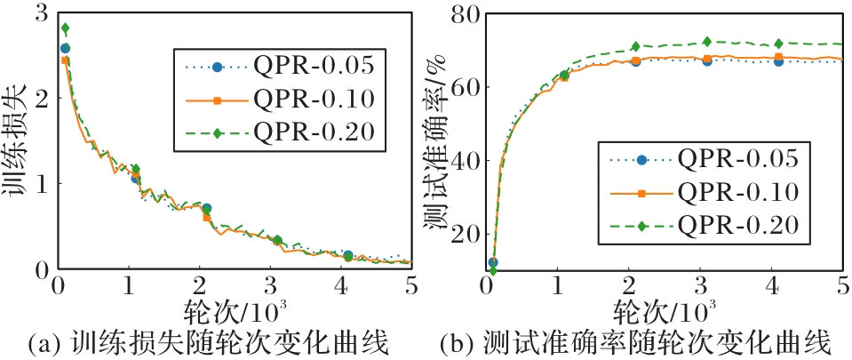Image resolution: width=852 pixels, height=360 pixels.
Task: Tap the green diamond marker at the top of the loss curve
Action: pyautogui.click(x=65, y=28)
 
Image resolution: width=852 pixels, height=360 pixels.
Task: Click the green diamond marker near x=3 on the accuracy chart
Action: pyautogui.click(x=707, y=42)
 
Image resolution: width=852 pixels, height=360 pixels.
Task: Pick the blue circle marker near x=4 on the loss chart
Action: pyautogui.click(x=347, y=256)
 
